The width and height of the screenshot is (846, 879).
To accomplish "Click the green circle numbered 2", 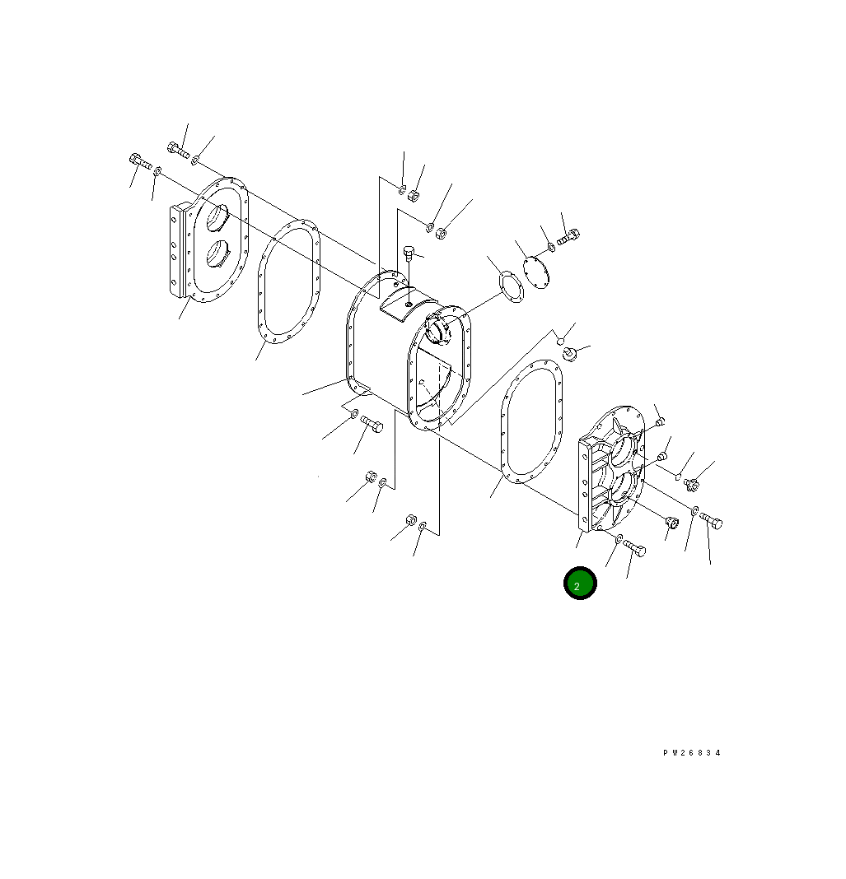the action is click(x=580, y=583).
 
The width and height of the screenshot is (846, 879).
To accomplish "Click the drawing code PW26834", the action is click(x=691, y=753).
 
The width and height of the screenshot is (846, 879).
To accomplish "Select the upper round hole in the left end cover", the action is click(x=217, y=217).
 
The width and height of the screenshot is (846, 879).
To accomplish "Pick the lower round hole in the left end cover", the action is click(x=217, y=254).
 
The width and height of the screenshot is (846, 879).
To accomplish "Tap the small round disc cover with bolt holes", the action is click(x=535, y=272).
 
